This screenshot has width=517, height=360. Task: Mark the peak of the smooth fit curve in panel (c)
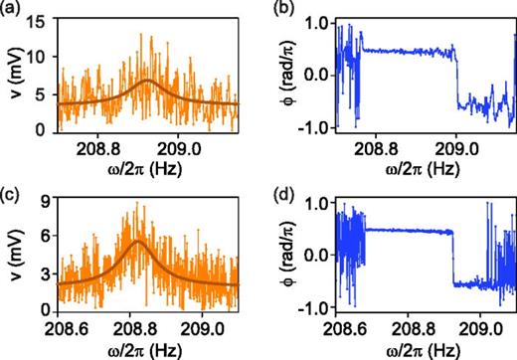(x=137, y=241)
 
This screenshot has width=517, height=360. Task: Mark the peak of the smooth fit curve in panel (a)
(x=147, y=81)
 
